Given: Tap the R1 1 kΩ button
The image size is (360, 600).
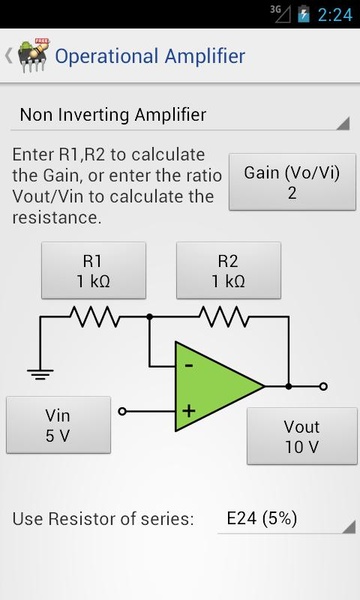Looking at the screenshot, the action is pos(94,270).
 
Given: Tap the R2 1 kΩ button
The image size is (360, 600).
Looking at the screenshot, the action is pos(228,270).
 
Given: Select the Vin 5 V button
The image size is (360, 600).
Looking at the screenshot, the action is pos(59,425).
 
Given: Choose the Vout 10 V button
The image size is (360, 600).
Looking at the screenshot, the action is pos(302,436).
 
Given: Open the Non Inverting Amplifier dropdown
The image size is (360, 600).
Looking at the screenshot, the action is pos(180,116).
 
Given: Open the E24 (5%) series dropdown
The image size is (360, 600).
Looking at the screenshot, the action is pos(287,519).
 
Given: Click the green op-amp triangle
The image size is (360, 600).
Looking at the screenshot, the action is pos(214,386).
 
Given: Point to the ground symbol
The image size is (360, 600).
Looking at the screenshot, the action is pos(40,374).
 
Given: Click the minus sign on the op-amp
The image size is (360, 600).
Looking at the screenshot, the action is pos(189,365).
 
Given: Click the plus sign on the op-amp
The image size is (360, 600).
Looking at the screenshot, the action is pos(189,411).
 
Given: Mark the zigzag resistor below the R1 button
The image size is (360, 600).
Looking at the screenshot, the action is pos(95,316).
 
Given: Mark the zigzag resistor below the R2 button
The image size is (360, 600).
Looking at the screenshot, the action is pos(224,316).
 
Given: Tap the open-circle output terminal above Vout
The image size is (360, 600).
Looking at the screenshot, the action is pos(323,386).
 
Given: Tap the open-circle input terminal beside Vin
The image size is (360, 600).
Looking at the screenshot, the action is pos(122,411).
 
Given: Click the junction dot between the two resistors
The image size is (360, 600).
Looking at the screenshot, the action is pos(150,317).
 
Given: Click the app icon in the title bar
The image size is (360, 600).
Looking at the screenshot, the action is pos(34,55).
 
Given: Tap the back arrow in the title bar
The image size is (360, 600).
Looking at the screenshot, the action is pos(8,56).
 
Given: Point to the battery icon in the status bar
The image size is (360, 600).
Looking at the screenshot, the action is pos(303,14).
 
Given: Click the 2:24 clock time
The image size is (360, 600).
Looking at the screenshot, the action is pos(335,15).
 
